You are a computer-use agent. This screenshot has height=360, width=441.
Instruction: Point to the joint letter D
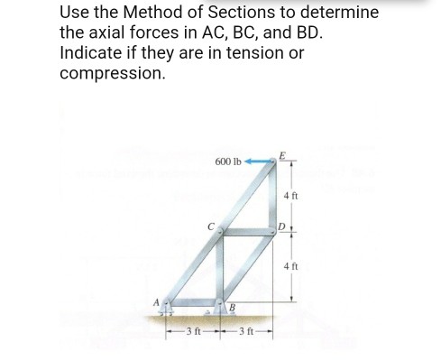(x=281, y=223)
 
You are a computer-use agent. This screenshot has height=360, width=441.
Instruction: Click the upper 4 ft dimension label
(x=290, y=194)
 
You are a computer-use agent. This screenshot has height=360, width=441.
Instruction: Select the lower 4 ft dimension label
(x=290, y=266)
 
